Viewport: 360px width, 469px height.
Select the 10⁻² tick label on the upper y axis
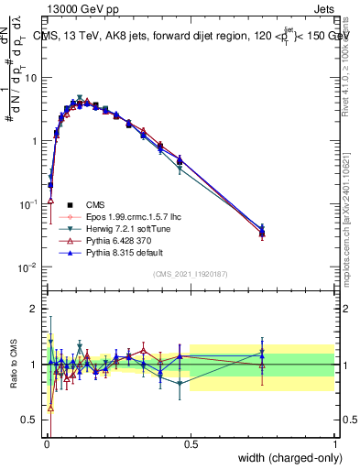point(29,267)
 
